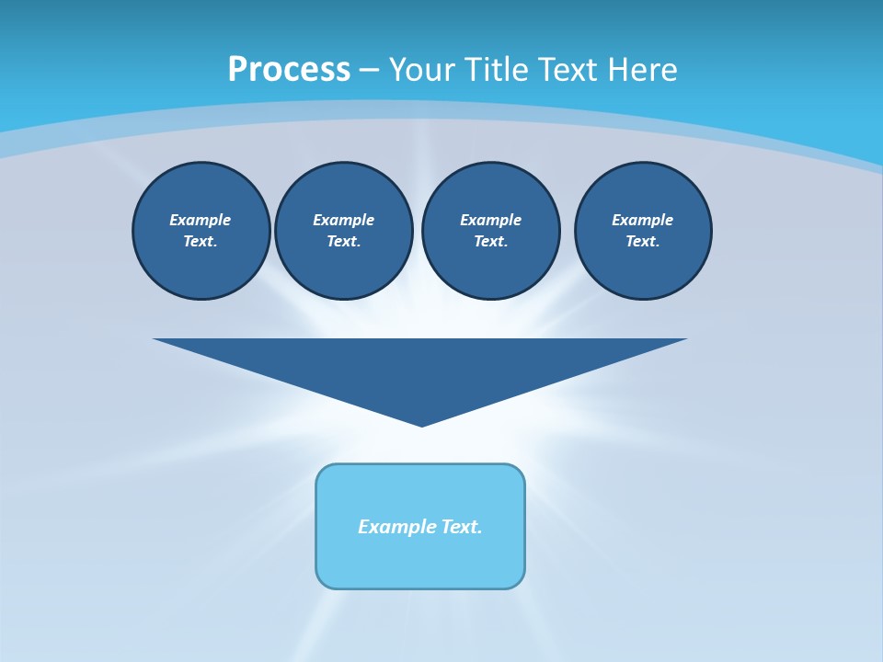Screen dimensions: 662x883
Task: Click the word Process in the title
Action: point(289,70)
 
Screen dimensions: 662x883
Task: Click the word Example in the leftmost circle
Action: point(201,220)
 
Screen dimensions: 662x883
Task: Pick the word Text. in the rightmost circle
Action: point(643,242)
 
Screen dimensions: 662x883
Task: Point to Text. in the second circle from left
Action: point(344,242)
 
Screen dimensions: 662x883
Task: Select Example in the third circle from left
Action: point(491,220)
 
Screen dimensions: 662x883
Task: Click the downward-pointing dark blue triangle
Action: point(421,368)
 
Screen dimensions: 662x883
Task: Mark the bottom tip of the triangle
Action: point(421,424)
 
